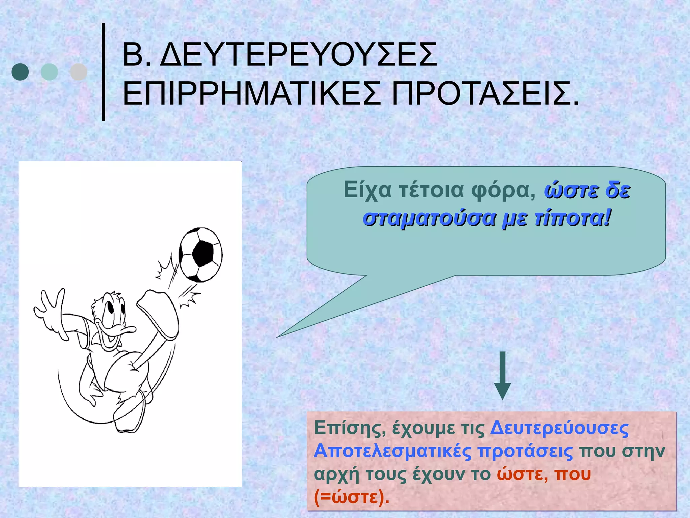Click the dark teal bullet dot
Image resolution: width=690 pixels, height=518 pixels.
pos(20,72)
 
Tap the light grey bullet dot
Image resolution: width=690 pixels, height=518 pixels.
pos(79,72)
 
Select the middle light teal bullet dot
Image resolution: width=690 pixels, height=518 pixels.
pos(49,72)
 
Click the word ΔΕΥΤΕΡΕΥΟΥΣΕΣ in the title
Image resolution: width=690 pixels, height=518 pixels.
pos(298,55)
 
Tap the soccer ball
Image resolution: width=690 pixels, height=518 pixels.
pos(200,255)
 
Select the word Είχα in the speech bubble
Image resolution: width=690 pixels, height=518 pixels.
pos(368,190)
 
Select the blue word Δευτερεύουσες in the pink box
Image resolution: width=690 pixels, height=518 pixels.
pos(559,428)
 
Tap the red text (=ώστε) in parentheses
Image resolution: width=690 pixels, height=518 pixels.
pos(351,496)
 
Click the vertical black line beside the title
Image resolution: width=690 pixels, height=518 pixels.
pos(104,71)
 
